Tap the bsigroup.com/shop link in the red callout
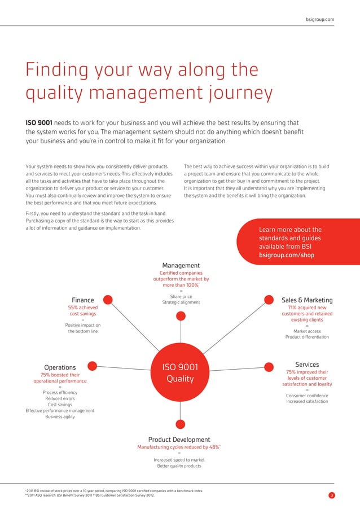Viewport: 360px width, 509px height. pos(287,255)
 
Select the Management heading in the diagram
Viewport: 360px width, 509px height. pos(181,265)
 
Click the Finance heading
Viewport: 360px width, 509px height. pos(83,300)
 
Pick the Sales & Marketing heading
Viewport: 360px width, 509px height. pos(307,300)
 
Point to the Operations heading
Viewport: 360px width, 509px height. pos(60,368)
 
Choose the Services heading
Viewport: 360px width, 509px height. pos(307,365)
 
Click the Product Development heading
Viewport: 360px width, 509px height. pos(179,440)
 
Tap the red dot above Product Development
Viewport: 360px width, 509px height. pos(180,424)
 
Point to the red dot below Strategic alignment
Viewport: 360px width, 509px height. pos(180,316)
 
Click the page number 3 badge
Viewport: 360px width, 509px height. pos(331,497)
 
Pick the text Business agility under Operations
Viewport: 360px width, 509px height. pos(60,417)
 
